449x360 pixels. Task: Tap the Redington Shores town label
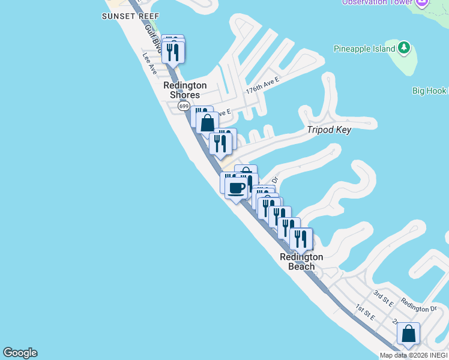click(185, 90)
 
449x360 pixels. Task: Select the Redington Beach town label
click(301, 262)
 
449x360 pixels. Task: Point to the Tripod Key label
click(329, 130)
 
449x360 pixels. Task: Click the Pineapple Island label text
click(364, 49)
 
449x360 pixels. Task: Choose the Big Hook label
click(429, 91)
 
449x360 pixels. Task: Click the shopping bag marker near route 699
click(207, 123)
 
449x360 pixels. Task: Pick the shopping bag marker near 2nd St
click(408, 334)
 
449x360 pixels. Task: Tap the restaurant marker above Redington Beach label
click(301, 239)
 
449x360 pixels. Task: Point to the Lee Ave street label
click(149, 64)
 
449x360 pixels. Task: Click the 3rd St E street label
click(382, 298)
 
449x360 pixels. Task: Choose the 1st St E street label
click(364, 313)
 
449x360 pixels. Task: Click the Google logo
click(20, 353)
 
